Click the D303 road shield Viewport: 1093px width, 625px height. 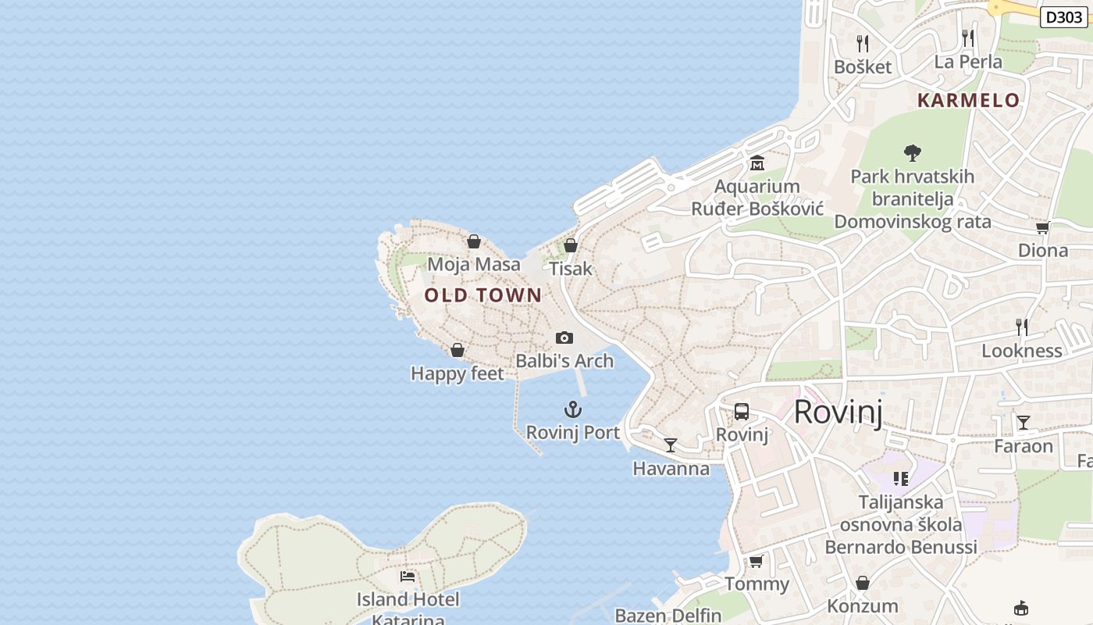coord(1063,17)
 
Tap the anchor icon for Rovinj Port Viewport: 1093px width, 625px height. coord(573,409)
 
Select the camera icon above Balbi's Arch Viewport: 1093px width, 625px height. coord(564,338)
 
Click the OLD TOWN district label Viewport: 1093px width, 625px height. coord(482,295)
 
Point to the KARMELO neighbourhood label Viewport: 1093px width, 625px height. coord(968,100)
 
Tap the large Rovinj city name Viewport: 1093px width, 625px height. coord(838,412)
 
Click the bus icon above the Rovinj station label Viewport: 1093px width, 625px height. coord(742,412)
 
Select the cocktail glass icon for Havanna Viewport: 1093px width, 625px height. coord(670,445)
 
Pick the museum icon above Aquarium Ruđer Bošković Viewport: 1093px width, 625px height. coord(757,163)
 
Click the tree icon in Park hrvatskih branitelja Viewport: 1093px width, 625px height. coord(912,153)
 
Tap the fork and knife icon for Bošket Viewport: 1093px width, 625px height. coord(862,43)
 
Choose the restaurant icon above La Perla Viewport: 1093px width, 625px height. coord(968,38)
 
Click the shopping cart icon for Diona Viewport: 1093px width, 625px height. coord(1042,227)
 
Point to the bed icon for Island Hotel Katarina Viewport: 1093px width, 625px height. coord(408,577)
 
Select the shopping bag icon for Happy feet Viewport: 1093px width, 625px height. coord(457,351)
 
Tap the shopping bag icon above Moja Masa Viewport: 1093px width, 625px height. coord(473,241)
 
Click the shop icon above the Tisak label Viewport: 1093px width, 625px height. coord(571,245)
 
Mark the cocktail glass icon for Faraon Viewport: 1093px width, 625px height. coord(1023,423)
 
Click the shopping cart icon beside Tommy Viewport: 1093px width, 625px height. coord(756,561)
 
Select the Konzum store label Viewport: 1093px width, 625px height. coord(862,605)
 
